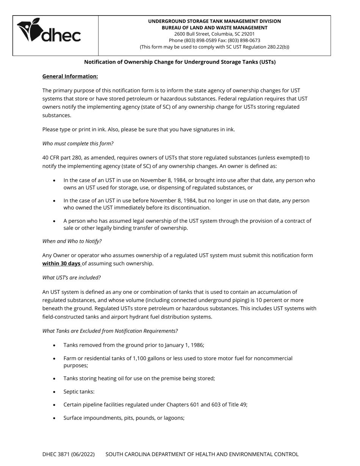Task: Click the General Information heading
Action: tap(70, 77)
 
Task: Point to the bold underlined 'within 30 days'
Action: tap(61, 264)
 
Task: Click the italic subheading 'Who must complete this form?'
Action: tap(78, 144)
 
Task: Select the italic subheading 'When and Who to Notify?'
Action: tap(72, 241)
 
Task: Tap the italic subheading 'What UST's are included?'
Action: tap(72, 278)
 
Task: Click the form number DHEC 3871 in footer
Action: tap(68, 454)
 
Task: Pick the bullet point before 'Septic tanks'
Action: tap(55, 392)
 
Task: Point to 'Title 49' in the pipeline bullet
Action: tap(237, 405)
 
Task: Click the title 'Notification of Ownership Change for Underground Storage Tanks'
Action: tap(180, 62)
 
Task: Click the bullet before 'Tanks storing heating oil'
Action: tap(55, 379)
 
